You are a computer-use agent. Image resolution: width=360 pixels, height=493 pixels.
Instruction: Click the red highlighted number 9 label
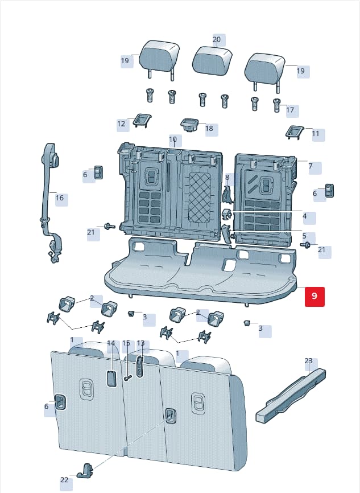coord(315,296)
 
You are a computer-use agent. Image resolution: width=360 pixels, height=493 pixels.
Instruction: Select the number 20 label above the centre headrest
coord(217,40)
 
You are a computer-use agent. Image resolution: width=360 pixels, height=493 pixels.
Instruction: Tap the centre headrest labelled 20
coord(212,61)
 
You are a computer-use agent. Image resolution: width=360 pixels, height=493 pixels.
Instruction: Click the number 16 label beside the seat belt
coord(60,198)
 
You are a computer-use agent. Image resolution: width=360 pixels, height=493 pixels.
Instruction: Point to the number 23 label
coord(308,360)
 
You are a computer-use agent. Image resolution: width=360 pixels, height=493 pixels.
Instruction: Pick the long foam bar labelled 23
coord(291,395)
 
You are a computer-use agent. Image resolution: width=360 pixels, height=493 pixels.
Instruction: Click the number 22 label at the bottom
coord(64,480)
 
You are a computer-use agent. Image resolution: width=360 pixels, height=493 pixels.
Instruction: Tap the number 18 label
coord(209,128)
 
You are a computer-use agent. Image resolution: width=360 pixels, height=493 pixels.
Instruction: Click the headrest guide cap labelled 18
coord(189,125)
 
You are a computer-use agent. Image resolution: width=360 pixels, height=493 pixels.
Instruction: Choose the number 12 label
coord(121,124)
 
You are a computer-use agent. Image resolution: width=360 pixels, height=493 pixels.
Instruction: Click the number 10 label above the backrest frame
coord(173,139)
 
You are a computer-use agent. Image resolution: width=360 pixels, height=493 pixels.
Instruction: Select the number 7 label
coord(311,166)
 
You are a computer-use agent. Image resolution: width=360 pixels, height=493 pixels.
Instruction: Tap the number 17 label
coord(290,110)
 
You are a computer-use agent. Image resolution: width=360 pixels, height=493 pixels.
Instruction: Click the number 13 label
coord(140,343)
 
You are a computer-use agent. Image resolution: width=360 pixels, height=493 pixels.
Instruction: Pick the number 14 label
coord(111,343)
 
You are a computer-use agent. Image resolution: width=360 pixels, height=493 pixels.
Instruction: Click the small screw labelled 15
coord(127,378)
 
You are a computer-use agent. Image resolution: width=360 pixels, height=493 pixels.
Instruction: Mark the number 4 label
coord(304,216)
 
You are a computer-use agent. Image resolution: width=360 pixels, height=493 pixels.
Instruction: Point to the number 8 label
coord(227,177)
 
